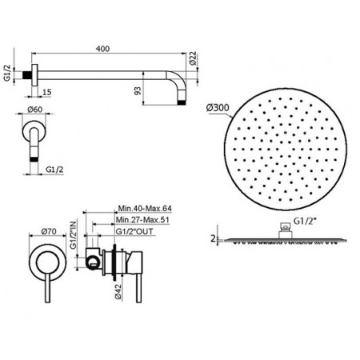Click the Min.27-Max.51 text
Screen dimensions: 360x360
[144, 221]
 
